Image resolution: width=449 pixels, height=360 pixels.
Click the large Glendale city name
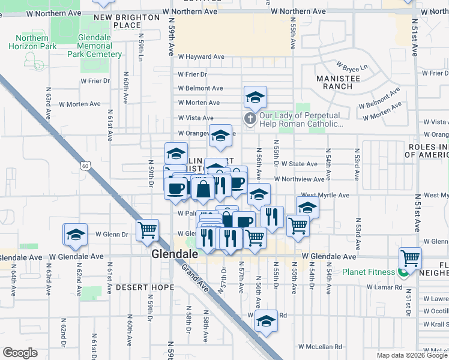point(175,254)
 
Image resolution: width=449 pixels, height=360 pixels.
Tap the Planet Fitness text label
point(369,272)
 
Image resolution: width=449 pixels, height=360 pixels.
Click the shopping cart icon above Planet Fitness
point(410,259)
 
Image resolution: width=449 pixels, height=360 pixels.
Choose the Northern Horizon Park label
point(28,42)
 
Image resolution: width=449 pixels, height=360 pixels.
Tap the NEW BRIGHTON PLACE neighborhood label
point(127,22)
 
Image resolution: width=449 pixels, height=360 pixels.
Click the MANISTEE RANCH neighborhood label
point(338,82)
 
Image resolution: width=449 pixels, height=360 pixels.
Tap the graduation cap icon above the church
point(255,97)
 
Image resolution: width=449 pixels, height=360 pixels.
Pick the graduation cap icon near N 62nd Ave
point(76,235)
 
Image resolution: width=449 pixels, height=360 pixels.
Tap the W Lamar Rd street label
point(385,287)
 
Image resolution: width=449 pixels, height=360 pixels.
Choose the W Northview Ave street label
point(299,179)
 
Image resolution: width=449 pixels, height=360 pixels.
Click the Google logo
point(20,353)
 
